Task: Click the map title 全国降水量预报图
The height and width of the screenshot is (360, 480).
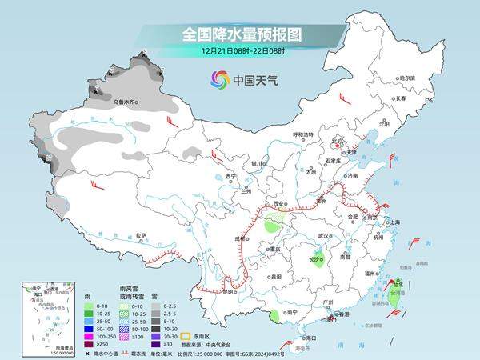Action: pyautogui.click(x=239, y=35)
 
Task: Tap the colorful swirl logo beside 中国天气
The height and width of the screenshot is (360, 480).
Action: pyautogui.click(x=219, y=79)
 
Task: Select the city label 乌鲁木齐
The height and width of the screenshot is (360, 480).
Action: pyautogui.click(x=125, y=102)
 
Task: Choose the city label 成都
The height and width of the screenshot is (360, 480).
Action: pyautogui.click(x=239, y=238)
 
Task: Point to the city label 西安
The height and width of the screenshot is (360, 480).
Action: pyautogui.click(x=279, y=205)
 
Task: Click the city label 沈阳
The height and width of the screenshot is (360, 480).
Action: pyautogui.click(x=383, y=125)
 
